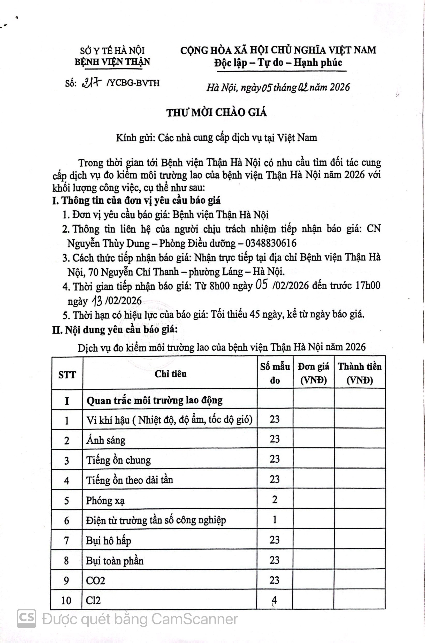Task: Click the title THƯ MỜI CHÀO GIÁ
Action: click(217, 113)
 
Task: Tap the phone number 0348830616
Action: click(271, 243)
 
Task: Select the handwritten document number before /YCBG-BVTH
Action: click(93, 82)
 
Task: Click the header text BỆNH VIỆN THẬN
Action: click(112, 62)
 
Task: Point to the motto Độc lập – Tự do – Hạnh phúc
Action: click(278, 63)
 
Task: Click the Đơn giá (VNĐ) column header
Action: click(313, 373)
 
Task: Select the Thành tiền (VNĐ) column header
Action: click(359, 373)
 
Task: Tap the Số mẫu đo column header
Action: click(275, 373)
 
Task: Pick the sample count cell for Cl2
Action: click(274, 600)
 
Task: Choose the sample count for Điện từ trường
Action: click(275, 520)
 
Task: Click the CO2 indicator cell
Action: click(95, 580)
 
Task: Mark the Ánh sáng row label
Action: click(106, 440)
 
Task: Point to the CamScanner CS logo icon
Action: click(27, 619)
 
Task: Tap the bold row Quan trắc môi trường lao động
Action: click(155, 400)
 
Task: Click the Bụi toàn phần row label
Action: click(115, 561)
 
